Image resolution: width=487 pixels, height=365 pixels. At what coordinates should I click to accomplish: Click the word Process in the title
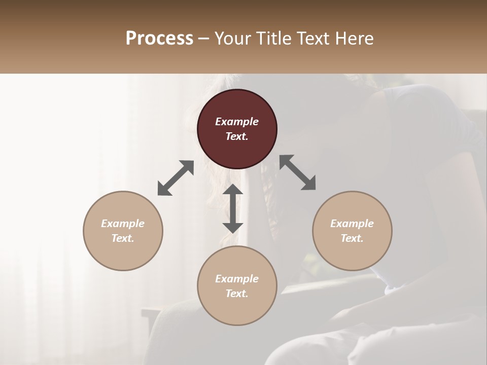click(x=159, y=39)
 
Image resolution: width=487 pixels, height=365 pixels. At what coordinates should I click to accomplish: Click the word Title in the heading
click(x=274, y=39)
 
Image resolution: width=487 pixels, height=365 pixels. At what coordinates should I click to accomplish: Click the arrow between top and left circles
click(x=176, y=178)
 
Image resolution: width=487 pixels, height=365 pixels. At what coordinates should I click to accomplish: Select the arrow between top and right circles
click(x=298, y=172)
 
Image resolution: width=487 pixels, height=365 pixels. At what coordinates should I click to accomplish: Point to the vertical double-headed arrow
click(x=233, y=208)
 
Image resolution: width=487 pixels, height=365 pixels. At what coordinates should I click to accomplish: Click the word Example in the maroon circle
click(x=237, y=122)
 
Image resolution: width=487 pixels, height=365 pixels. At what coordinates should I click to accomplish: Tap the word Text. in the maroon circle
click(x=237, y=136)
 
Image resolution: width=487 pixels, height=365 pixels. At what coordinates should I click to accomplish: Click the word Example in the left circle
click(x=123, y=224)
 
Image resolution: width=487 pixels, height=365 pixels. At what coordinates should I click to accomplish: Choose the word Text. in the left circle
click(x=123, y=238)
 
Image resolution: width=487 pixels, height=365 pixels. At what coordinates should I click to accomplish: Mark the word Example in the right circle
click(x=352, y=224)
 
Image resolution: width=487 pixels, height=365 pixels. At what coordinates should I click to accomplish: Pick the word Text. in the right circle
click(x=352, y=238)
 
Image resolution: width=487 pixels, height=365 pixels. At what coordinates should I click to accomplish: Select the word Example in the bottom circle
click(x=237, y=279)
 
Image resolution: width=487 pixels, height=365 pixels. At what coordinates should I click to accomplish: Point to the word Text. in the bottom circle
click(x=237, y=294)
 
